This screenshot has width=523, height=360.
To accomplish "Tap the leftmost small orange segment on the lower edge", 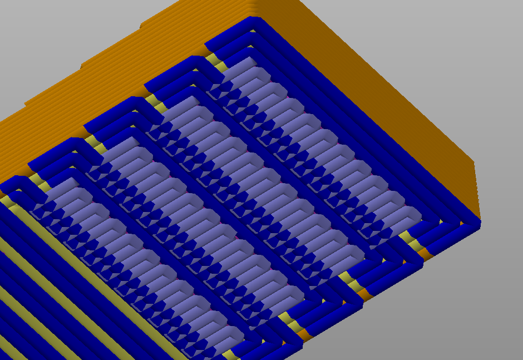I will pyautogui.click(x=304, y=334).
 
